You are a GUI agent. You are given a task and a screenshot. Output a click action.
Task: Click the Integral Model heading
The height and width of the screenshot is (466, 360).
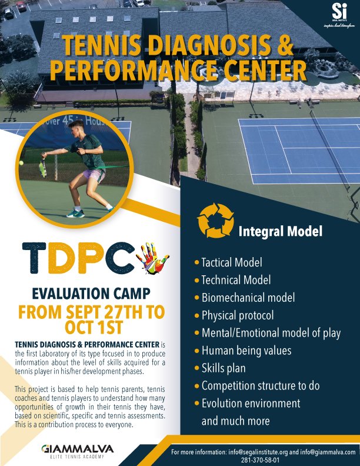pyautogui.click(x=280, y=231)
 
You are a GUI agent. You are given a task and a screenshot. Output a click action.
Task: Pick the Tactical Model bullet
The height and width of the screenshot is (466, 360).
pyautogui.click(x=231, y=262)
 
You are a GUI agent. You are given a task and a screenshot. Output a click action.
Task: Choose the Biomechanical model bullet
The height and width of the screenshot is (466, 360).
pyautogui.click(x=248, y=297)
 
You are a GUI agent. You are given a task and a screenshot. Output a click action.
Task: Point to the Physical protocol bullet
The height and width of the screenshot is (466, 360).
pyautogui.click(x=237, y=315)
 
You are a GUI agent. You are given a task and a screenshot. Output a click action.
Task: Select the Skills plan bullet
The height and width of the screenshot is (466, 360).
pyautogui.click(x=223, y=368)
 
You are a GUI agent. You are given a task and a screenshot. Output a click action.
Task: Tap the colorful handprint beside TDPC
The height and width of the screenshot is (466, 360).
pyautogui.click(x=152, y=259)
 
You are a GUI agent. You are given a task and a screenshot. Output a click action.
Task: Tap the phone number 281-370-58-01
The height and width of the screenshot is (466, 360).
pyautogui.click(x=264, y=459)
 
